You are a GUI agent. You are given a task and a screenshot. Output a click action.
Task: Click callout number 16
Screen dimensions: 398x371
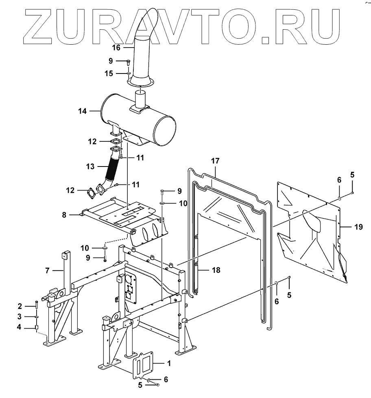coord(116,48)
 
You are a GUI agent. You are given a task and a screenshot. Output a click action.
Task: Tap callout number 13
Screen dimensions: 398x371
coord(91,167)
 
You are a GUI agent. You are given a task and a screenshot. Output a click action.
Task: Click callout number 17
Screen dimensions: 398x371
coord(215,161)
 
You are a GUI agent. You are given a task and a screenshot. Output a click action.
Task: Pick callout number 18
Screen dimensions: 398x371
coord(216,270)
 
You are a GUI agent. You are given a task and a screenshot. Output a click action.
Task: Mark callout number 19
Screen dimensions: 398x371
coord(358,227)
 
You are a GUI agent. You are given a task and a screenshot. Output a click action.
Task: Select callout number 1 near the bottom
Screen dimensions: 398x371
coord(169,363)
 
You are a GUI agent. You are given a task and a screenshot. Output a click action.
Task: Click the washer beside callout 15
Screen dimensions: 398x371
coord(128,74)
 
